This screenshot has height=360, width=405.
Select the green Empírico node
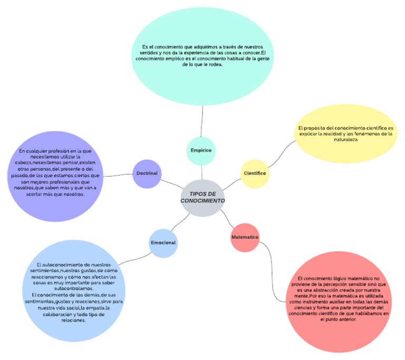tap(201, 150)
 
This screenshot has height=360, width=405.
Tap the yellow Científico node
tap(255, 173)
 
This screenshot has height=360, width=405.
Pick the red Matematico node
tap(245, 237)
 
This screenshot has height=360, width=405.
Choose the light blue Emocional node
tap(163, 243)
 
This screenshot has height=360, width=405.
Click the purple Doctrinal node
tap(147, 173)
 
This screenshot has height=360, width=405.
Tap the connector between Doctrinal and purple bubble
tap(118, 173)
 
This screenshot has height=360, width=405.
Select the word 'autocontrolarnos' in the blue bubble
tap(73, 288)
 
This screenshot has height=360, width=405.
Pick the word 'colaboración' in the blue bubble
tap(60, 314)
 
